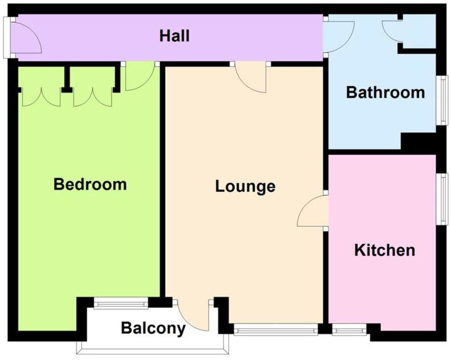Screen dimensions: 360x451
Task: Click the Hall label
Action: point(174,36)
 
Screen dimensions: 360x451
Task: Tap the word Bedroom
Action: point(90,184)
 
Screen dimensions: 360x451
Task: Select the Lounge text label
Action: point(245,186)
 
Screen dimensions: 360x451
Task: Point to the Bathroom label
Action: point(385,92)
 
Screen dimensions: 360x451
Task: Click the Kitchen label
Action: point(384,250)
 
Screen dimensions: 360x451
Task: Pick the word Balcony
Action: point(153,328)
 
